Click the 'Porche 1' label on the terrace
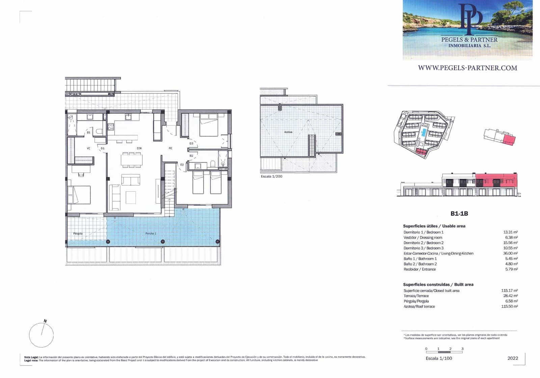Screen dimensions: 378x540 point(151,233)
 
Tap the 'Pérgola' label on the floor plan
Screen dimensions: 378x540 point(78,233)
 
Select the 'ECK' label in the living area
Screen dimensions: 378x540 point(139,148)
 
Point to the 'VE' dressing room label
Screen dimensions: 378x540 point(88,148)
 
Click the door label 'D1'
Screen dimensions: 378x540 point(103,148)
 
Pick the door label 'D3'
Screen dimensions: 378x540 point(191,144)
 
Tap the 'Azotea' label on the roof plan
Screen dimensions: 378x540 point(288,132)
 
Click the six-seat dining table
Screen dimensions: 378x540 point(132,159)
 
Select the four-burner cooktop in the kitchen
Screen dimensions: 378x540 point(111,127)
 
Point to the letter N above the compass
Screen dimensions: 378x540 point(45,321)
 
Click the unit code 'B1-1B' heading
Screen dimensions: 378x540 point(459,213)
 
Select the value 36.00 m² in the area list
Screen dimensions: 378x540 point(510,253)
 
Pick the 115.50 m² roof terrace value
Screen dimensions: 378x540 point(509,307)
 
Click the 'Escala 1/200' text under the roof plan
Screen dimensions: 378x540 point(271,176)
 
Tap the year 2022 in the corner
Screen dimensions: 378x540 point(513,358)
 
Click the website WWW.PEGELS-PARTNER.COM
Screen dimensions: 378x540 point(467,68)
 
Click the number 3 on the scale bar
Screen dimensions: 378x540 point(462,349)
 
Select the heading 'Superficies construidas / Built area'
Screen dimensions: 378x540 point(438,285)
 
